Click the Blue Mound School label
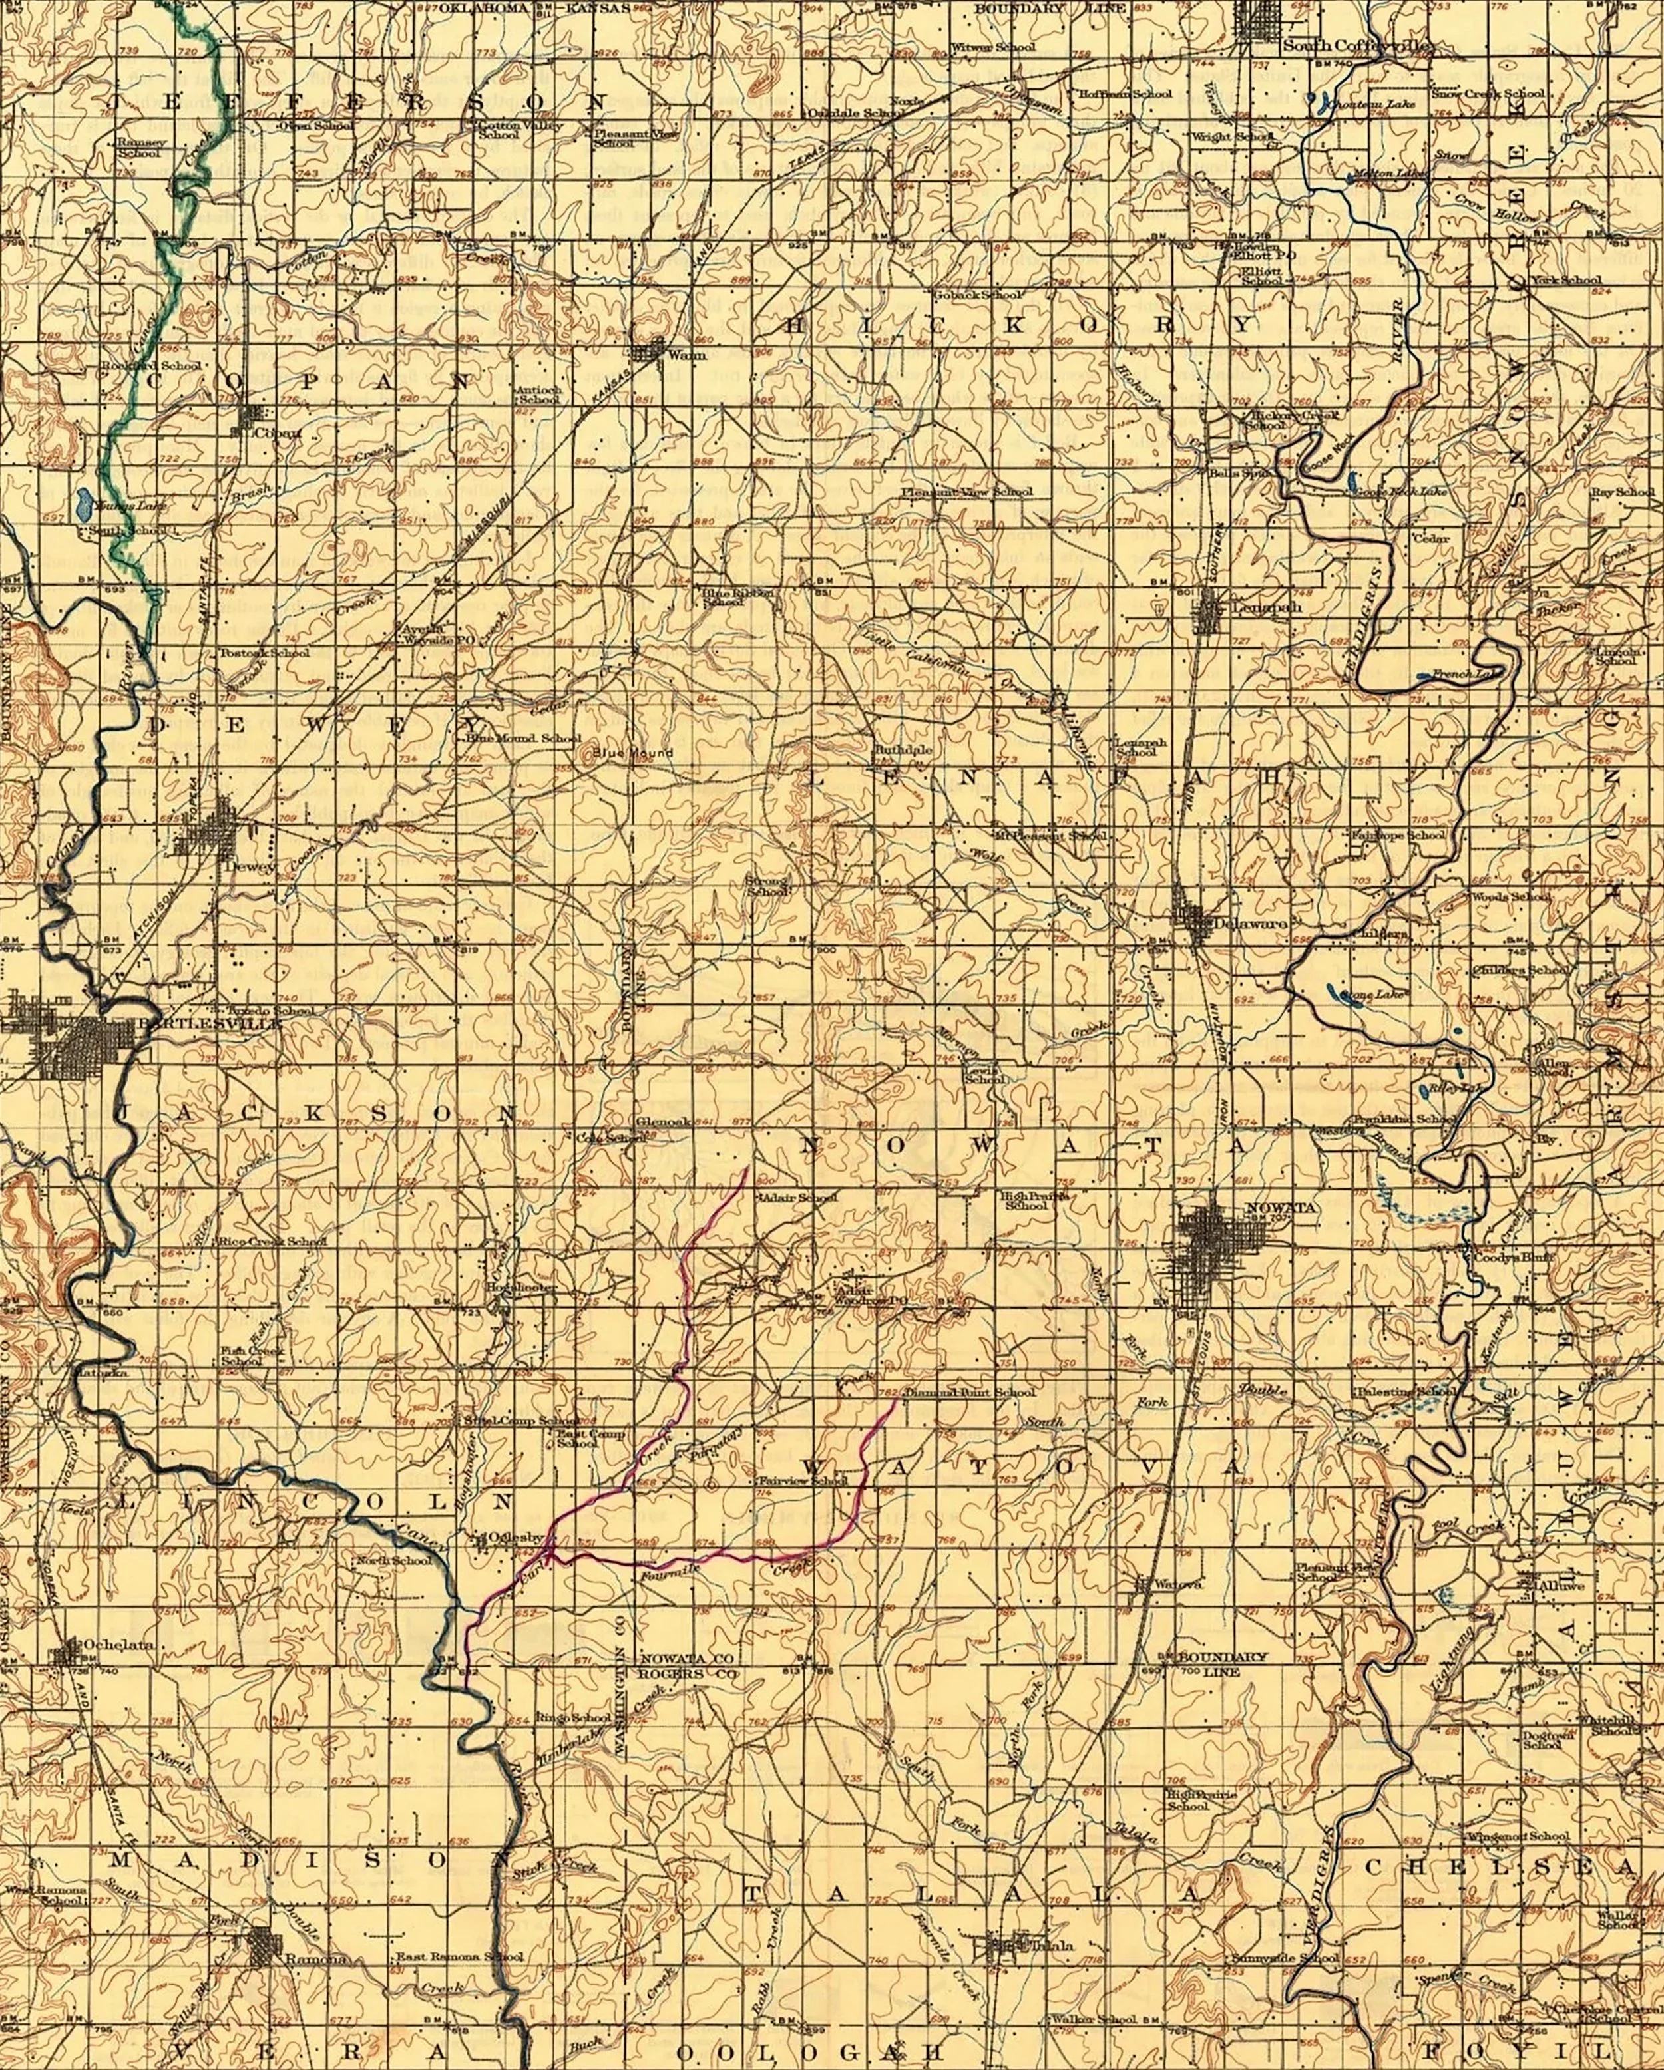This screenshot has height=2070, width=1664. click(x=524, y=739)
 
